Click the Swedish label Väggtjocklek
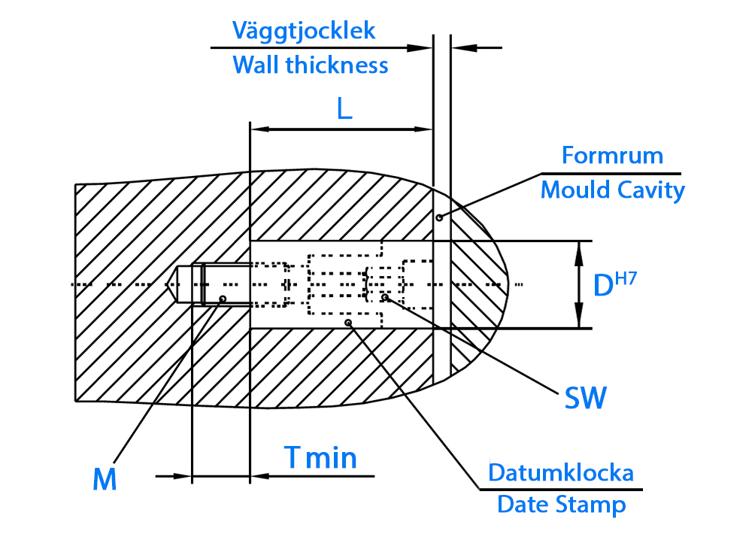click(x=304, y=32)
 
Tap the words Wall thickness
click(x=311, y=65)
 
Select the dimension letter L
click(x=344, y=109)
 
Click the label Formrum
click(x=612, y=156)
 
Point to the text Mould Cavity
click(x=612, y=190)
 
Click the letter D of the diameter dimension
click(x=603, y=286)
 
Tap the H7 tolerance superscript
click(x=626, y=278)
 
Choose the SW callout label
click(x=586, y=397)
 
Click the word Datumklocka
click(x=561, y=473)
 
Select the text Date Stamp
click(x=562, y=505)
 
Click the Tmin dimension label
click(x=320, y=457)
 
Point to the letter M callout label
click(x=105, y=478)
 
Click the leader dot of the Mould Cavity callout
click(x=439, y=217)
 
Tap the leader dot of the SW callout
click(x=384, y=298)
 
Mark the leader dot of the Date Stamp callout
click(x=349, y=323)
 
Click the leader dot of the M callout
click(x=223, y=299)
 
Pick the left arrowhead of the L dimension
click(x=260, y=129)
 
